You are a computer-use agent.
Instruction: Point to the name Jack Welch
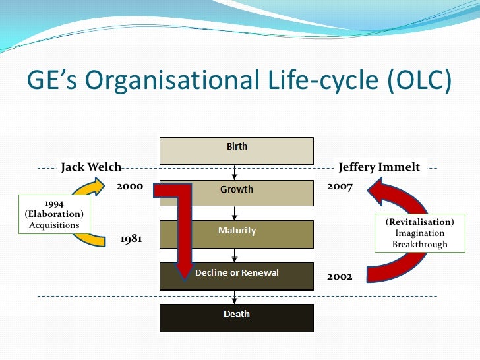tap(91, 167)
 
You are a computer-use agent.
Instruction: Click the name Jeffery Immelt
tap(379, 167)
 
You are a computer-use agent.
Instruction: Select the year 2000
tap(130, 187)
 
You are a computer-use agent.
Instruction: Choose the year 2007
tap(340, 187)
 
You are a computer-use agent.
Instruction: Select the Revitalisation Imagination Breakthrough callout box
tap(419, 233)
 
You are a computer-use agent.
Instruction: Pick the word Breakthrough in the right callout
tap(419, 245)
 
